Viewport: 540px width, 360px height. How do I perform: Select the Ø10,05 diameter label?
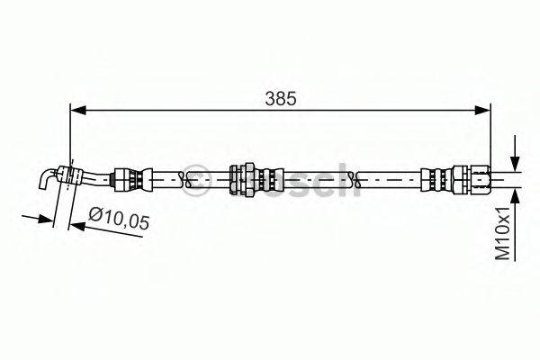(x=120, y=216)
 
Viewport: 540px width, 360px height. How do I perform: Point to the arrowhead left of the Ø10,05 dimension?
(x=43, y=219)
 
